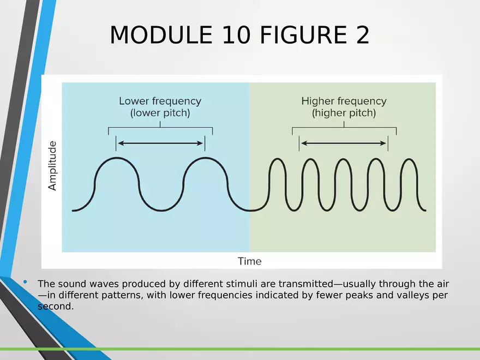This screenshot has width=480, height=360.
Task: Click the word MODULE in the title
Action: pyautogui.click(x=161, y=35)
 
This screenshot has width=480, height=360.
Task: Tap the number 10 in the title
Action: pyautogui.click(x=236, y=35)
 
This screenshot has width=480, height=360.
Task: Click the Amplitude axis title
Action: pyautogui.click(x=52, y=166)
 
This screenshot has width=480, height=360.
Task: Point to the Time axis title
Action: pyautogui.click(x=249, y=261)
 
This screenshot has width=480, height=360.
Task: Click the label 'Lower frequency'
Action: pyautogui.click(x=160, y=101)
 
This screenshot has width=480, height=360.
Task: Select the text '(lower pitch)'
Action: pyautogui.click(x=160, y=113)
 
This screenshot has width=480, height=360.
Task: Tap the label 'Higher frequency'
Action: pyautogui.click(x=344, y=101)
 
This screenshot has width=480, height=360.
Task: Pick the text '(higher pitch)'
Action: pyautogui.click(x=344, y=113)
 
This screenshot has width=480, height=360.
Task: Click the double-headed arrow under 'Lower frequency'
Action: pyautogui.click(x=160, y=143)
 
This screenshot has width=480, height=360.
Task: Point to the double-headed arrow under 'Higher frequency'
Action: pyautogui.click(x=344, y=143)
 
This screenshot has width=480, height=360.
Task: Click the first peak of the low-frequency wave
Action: pyautogui.click(x=117, y=158)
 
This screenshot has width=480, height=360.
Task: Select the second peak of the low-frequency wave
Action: pyautogui.click(x=206, y=158)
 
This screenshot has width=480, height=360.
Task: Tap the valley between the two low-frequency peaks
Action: pyautogui.click(x=161, y=211)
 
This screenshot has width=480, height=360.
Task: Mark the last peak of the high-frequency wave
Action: pyautogui.click(x=409, y=159)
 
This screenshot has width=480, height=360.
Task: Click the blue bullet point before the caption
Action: pyautogui.click(x=25, y=281)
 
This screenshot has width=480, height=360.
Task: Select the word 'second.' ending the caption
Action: pyautogui.click(x=56, y=306)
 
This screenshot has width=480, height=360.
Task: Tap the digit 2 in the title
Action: pyautogui.click(x=362, y=35)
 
